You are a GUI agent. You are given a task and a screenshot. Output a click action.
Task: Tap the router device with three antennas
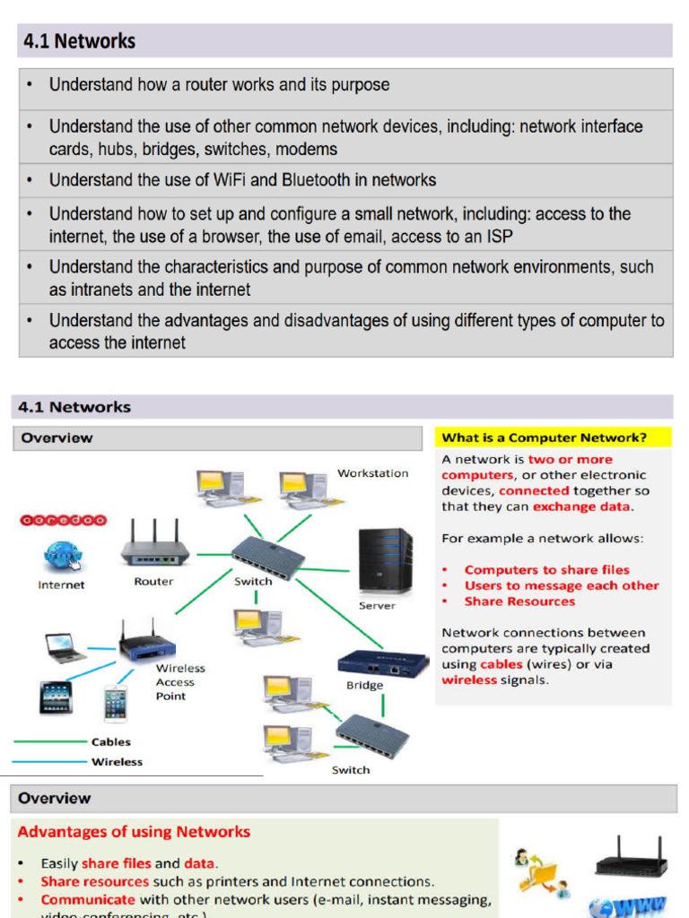click(x=154, y=545)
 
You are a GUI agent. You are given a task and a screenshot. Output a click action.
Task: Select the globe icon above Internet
click(x=61, y=556)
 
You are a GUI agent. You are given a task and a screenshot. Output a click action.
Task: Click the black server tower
click(x=385, y=560)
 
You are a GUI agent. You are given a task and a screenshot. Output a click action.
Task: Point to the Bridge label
click(x=364, y=686)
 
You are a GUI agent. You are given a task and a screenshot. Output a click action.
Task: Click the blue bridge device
click(x=383, y=664)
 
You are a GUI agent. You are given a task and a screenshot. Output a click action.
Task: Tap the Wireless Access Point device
click(x=147, y=643)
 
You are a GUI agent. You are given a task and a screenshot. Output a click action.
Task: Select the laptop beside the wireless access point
click(x=65, y=647)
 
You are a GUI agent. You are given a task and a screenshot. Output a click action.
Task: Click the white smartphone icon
click(x=116, y=703)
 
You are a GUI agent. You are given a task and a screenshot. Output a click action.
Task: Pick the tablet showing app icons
click(x=56, y=697)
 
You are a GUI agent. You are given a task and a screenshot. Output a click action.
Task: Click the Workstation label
click(x=372, y=473)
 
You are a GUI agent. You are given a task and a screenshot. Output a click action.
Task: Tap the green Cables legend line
click(x=49, y=741)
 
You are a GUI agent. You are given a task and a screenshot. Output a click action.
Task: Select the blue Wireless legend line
click(x=49, y=762)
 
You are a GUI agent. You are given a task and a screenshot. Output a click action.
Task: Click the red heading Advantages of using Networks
click(x=134, y=832)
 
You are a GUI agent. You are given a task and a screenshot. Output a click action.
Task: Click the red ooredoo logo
click(x=63, y=520)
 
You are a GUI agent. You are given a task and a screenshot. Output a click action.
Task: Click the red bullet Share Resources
click(x=519, y=602)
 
